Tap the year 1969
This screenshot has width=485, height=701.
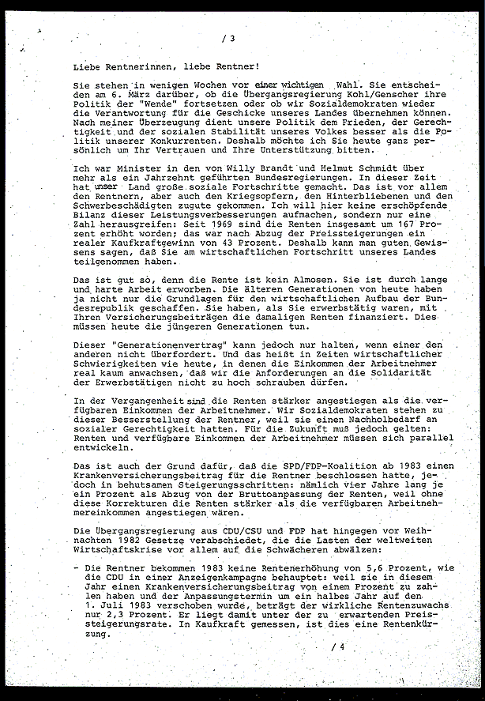point(233,223)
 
